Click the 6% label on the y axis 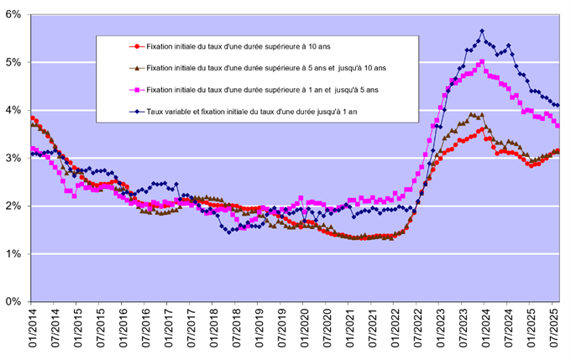[15, 14]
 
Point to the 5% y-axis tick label [15, 62]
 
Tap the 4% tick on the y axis [15, 110]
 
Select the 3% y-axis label [15, 158]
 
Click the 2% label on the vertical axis [15, 206]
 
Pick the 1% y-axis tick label [15, 253]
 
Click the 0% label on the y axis [15, 301]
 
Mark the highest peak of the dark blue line [481, 31]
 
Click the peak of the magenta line [481, 61]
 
